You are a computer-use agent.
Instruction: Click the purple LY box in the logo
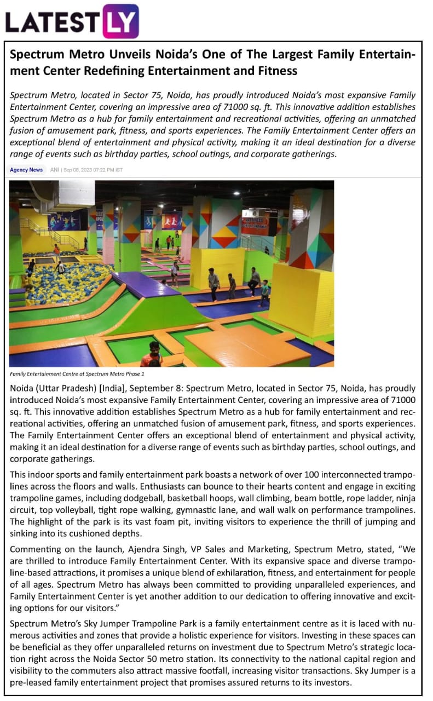tap(120, 21)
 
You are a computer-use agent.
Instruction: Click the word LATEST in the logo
tap(52, 22)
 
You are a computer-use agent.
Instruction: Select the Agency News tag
tap(26, 170)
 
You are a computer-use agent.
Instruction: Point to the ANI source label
tap(54, 170)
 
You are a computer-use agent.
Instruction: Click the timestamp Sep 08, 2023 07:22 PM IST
tap(93, 170)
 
